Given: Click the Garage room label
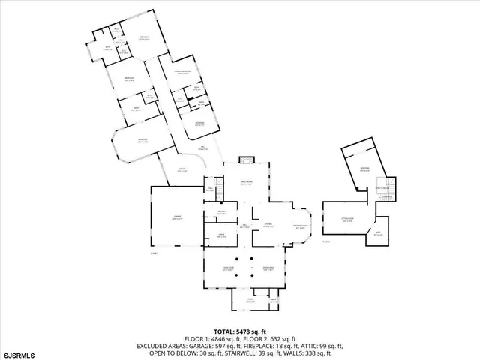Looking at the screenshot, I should click(x=178, y=218).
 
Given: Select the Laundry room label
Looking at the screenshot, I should click(x=222, y=214).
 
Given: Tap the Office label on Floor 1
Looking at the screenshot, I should click(x=222, y=235).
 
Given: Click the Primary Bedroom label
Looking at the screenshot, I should click(x=182, y=73).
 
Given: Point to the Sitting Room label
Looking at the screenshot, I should click(x=349, y=220).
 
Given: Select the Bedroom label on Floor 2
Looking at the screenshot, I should click(x=364, y=169).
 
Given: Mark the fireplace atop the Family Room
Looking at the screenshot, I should click(x=247, y=160).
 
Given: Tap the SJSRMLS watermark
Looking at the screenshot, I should click(x=22, y=353).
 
